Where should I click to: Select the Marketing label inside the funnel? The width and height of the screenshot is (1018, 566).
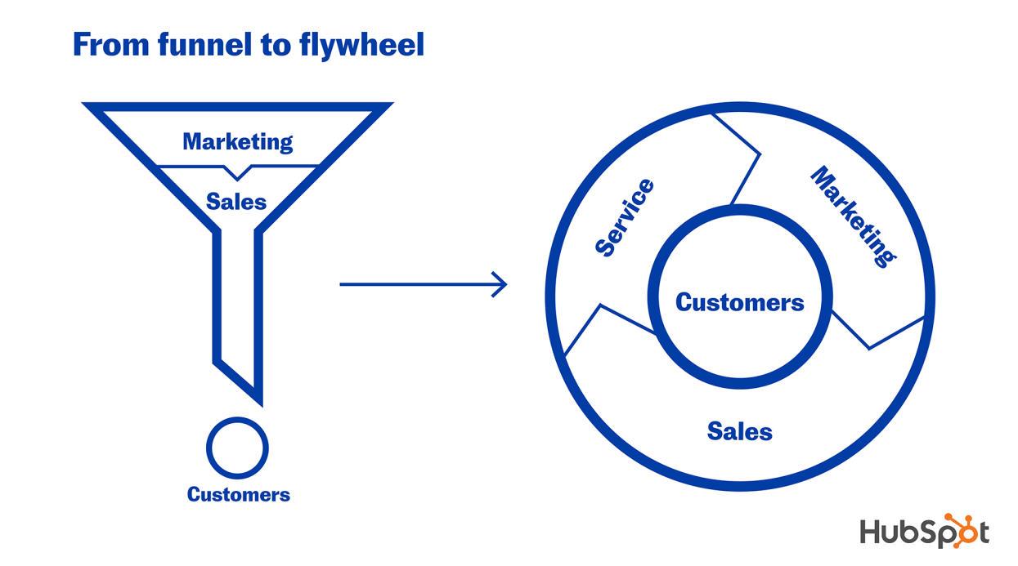(x=237, y=141)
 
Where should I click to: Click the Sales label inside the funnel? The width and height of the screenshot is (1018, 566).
(x=236, y=201)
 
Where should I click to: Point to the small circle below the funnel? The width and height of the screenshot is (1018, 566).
(x=237, y=447)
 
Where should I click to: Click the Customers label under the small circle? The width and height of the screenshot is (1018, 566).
(x=238, y=494)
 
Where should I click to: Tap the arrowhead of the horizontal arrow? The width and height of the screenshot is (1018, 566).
(x=500, y=284)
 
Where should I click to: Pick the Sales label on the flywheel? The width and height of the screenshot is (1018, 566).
(x=739, y=430)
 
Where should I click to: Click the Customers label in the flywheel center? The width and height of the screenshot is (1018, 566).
(x=739, y=303)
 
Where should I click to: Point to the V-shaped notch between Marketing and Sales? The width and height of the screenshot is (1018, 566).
(x=237, y=173)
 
